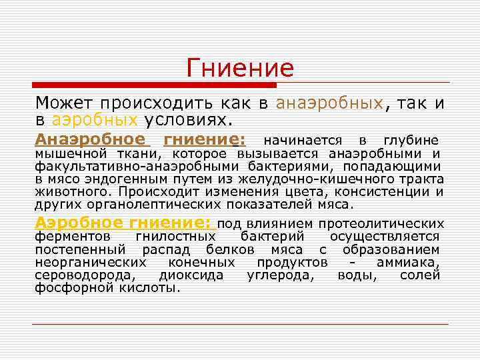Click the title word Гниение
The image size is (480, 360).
(x=240, y=67)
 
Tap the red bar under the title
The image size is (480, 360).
(x=154, y=85)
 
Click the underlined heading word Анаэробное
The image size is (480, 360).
(x=90, y=140)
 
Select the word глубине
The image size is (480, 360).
(x=411, y=140)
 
